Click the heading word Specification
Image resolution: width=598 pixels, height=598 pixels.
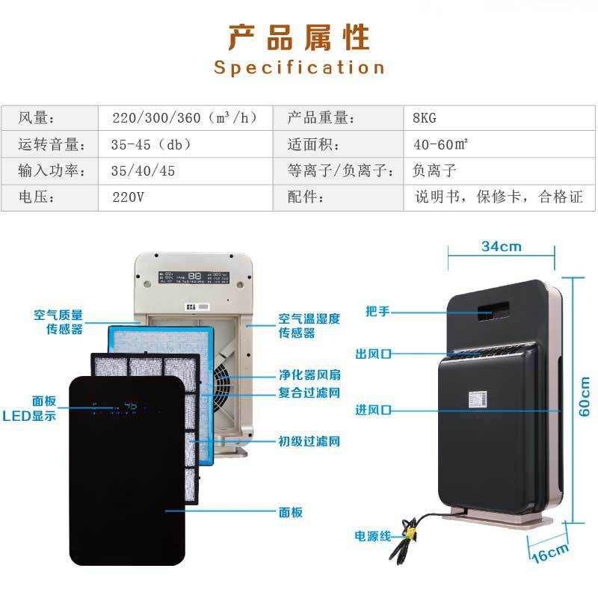[299, 67]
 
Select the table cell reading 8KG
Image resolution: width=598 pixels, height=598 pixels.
[425, 117]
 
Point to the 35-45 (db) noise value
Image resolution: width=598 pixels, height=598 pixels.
[151, 144]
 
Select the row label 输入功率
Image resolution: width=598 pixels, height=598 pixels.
[46, 171]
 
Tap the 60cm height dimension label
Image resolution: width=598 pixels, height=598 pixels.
[585, 395]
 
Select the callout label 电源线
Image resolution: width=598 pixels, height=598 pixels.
[373, 536]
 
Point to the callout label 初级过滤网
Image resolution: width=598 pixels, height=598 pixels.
[309, 441]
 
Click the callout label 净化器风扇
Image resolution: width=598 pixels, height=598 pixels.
[309, 379]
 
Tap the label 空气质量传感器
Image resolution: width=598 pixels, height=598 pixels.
[58, 322]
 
